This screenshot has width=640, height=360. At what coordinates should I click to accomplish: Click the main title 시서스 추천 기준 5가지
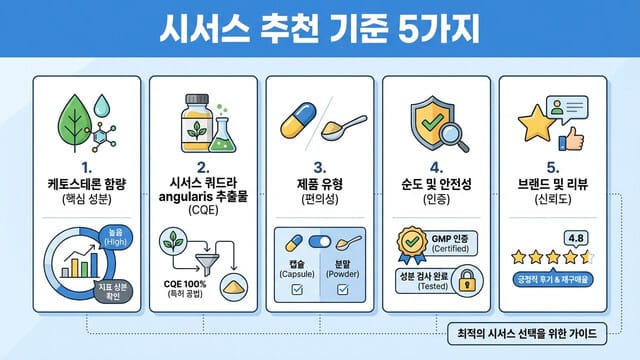(x=320, y=28)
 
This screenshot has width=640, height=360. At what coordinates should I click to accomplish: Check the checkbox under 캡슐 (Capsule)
(x=296, y=291)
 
